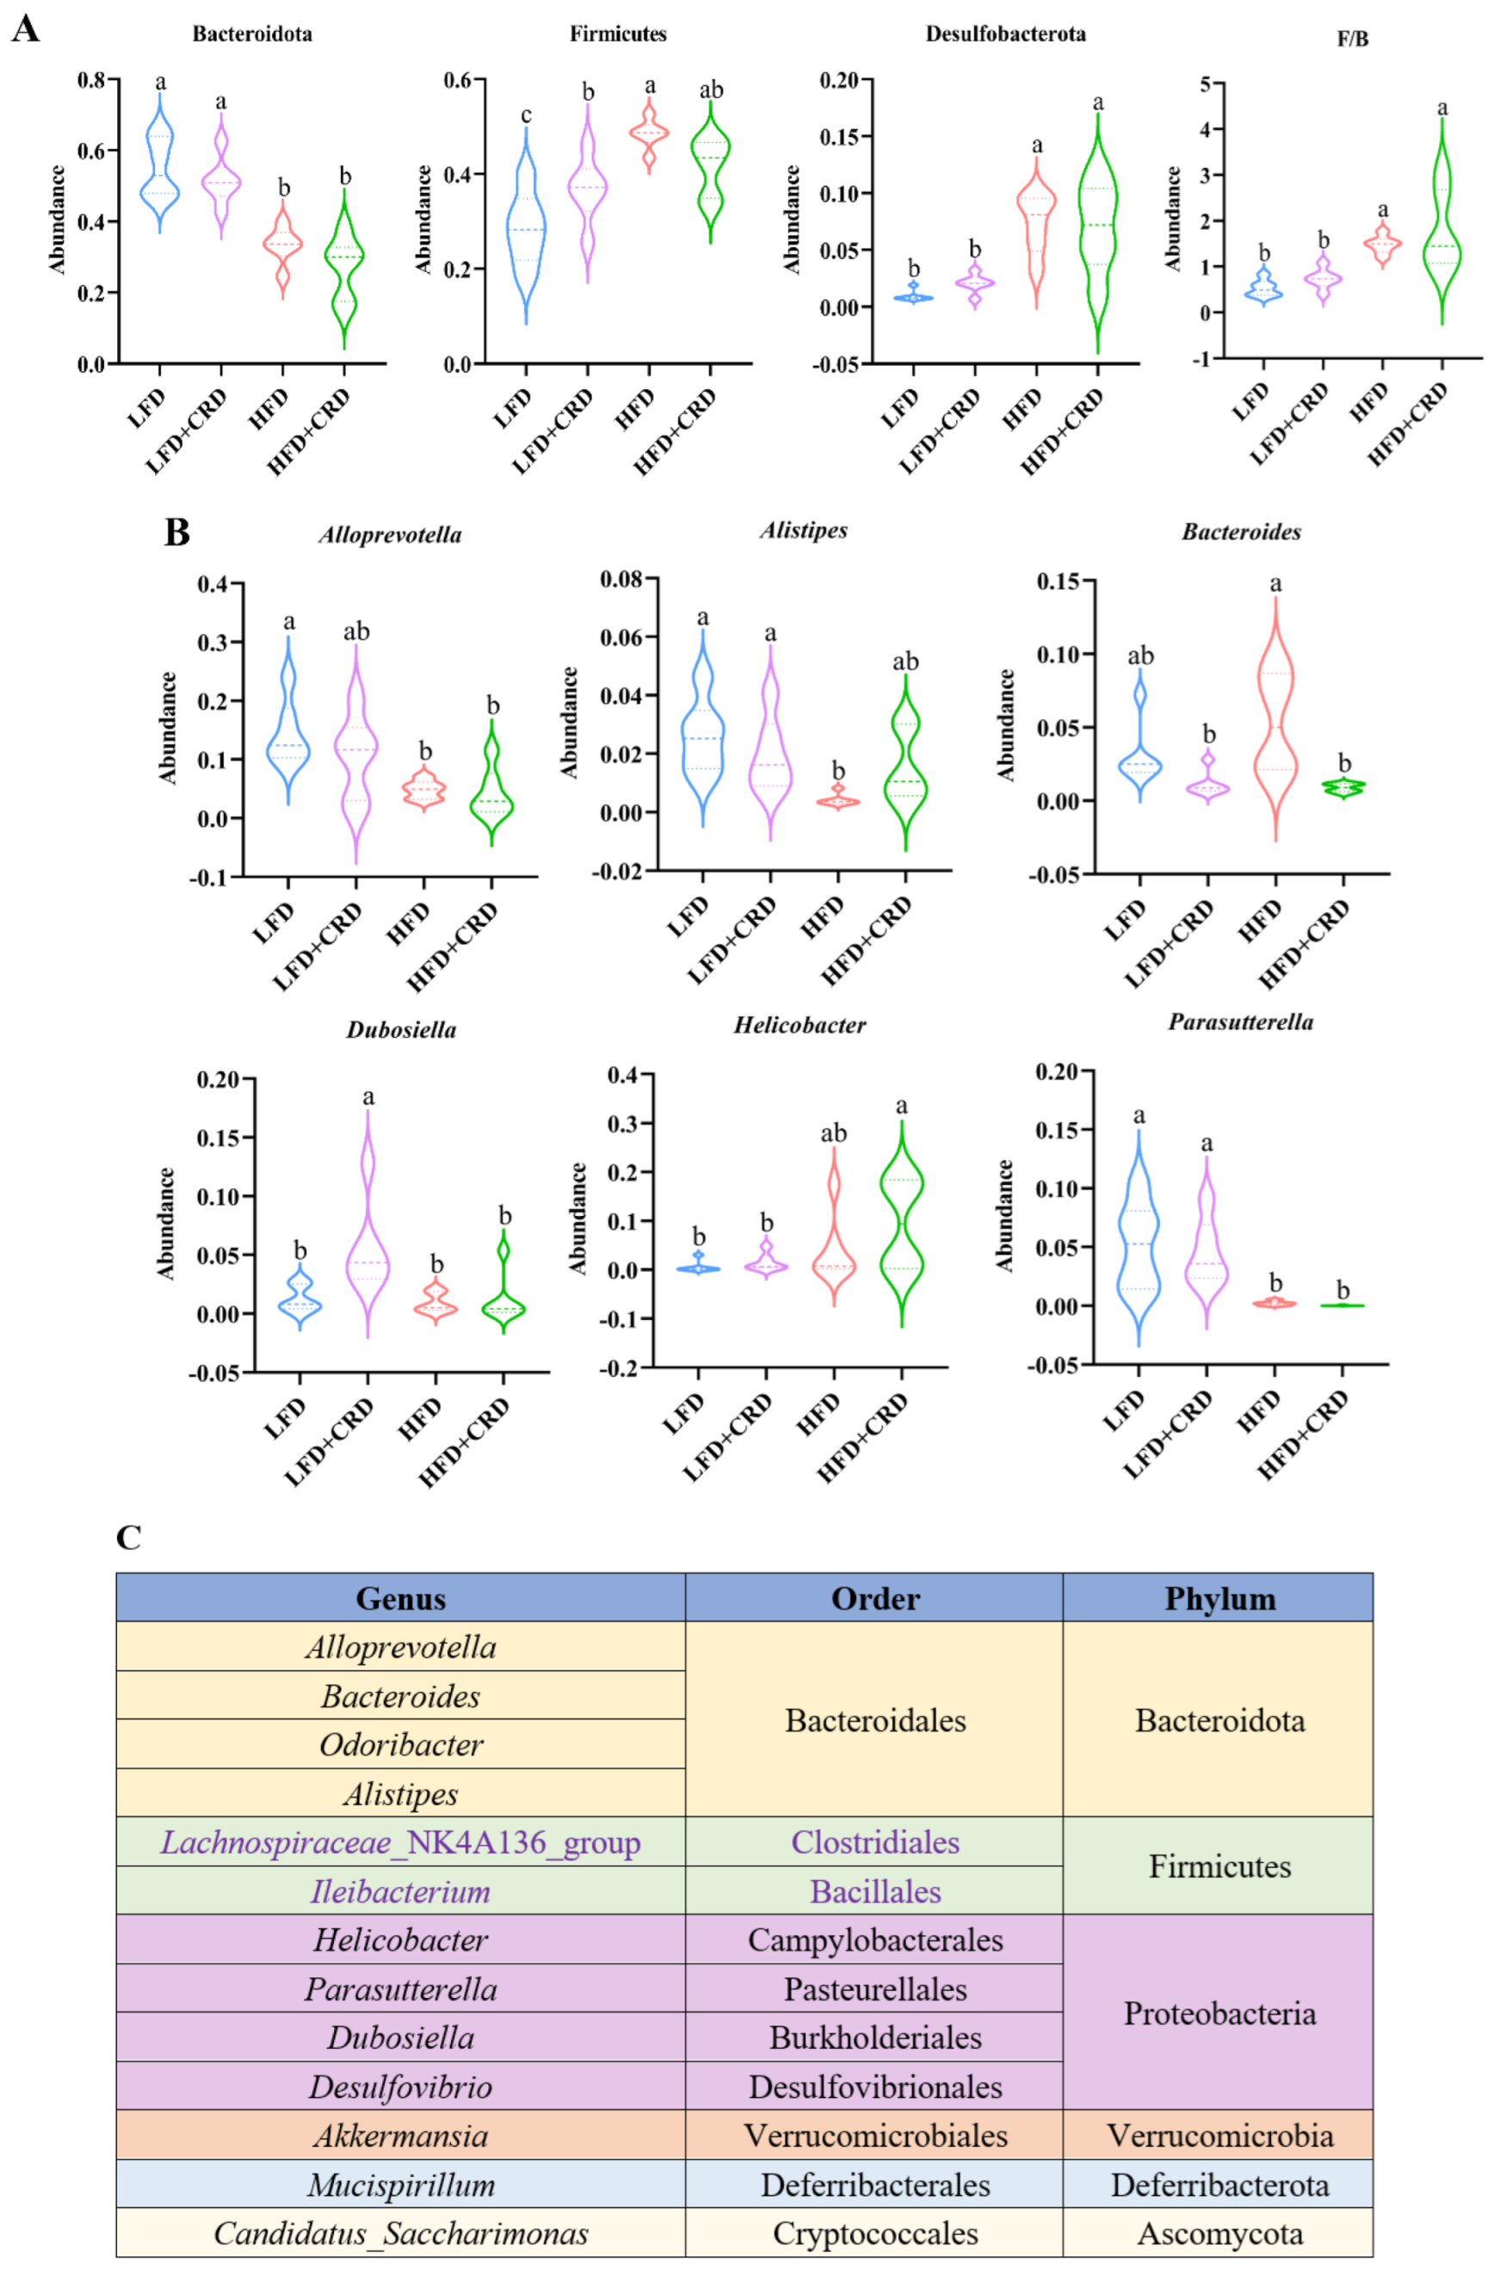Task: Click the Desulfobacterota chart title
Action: point(1004,34)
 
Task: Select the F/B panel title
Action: point(1352,39)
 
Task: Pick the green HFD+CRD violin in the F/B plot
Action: point(1442,219)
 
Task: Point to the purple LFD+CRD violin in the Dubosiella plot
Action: point(368,1231)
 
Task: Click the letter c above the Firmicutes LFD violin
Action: point(526,115)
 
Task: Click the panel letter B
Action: point(177,531)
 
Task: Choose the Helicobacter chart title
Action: point(799,1026)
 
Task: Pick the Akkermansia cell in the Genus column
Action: point(401,2136)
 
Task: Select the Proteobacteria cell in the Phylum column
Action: point(1219,2013)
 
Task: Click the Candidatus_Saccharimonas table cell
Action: point(401,2233)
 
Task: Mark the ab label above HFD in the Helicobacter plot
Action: point(833,1133)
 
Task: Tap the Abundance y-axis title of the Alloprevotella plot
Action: point(168,728)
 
